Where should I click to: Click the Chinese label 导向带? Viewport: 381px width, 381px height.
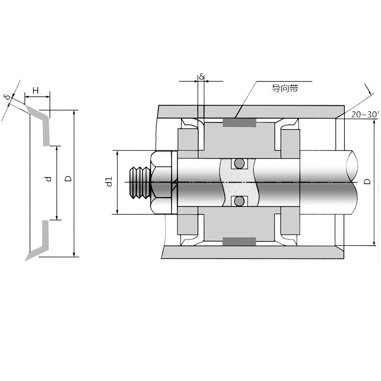point(284,89)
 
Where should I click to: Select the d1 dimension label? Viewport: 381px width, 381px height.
point(110,181)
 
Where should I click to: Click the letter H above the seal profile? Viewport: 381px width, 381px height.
point(36,90)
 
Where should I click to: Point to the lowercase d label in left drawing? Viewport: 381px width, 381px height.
point(49,179)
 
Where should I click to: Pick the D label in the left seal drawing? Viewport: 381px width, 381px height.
point(69,179)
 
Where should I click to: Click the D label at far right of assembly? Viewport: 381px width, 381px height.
point(367,181)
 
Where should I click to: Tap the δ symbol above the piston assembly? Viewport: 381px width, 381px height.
point(201,77)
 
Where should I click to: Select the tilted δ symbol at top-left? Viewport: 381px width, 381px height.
point(8,97)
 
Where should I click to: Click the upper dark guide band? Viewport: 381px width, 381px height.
point(240,123)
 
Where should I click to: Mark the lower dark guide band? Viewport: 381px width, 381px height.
point(240,241)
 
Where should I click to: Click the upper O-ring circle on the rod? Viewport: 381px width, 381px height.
point(240,163)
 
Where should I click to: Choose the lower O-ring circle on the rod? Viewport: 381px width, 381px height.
point(240,201)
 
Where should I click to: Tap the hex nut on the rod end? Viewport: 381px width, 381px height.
point(161,182)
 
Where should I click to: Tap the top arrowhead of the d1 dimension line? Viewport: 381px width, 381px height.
point(117,153)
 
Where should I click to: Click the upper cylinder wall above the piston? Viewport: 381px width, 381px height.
point(251,112)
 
